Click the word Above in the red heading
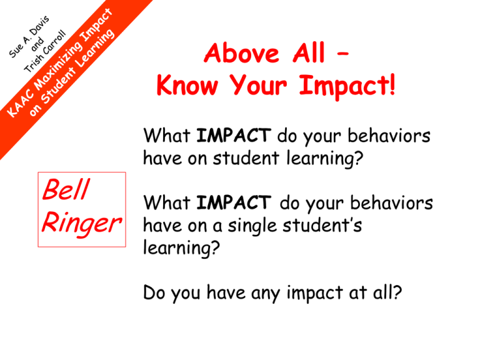[241, 53]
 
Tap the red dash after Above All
[342, 54]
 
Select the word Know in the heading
[187, 86]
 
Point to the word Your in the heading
[258, 87]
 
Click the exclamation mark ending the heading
[392, 84]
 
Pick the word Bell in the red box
[66, 189]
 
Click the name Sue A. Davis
[29, 37]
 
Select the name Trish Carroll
[45, 51]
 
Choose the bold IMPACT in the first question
[234, 135]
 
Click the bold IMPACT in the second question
[234, 202]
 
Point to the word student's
[322, 225]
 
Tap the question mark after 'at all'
[397, 292]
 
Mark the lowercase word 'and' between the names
[37, 44]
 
